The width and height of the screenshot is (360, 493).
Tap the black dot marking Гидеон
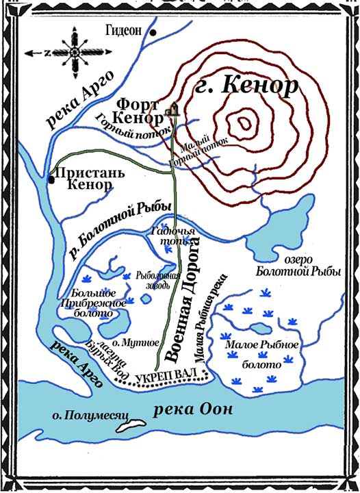(154, 32)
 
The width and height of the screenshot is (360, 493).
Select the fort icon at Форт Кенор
(172, 107)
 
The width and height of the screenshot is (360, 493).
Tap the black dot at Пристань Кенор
(51, 180)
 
